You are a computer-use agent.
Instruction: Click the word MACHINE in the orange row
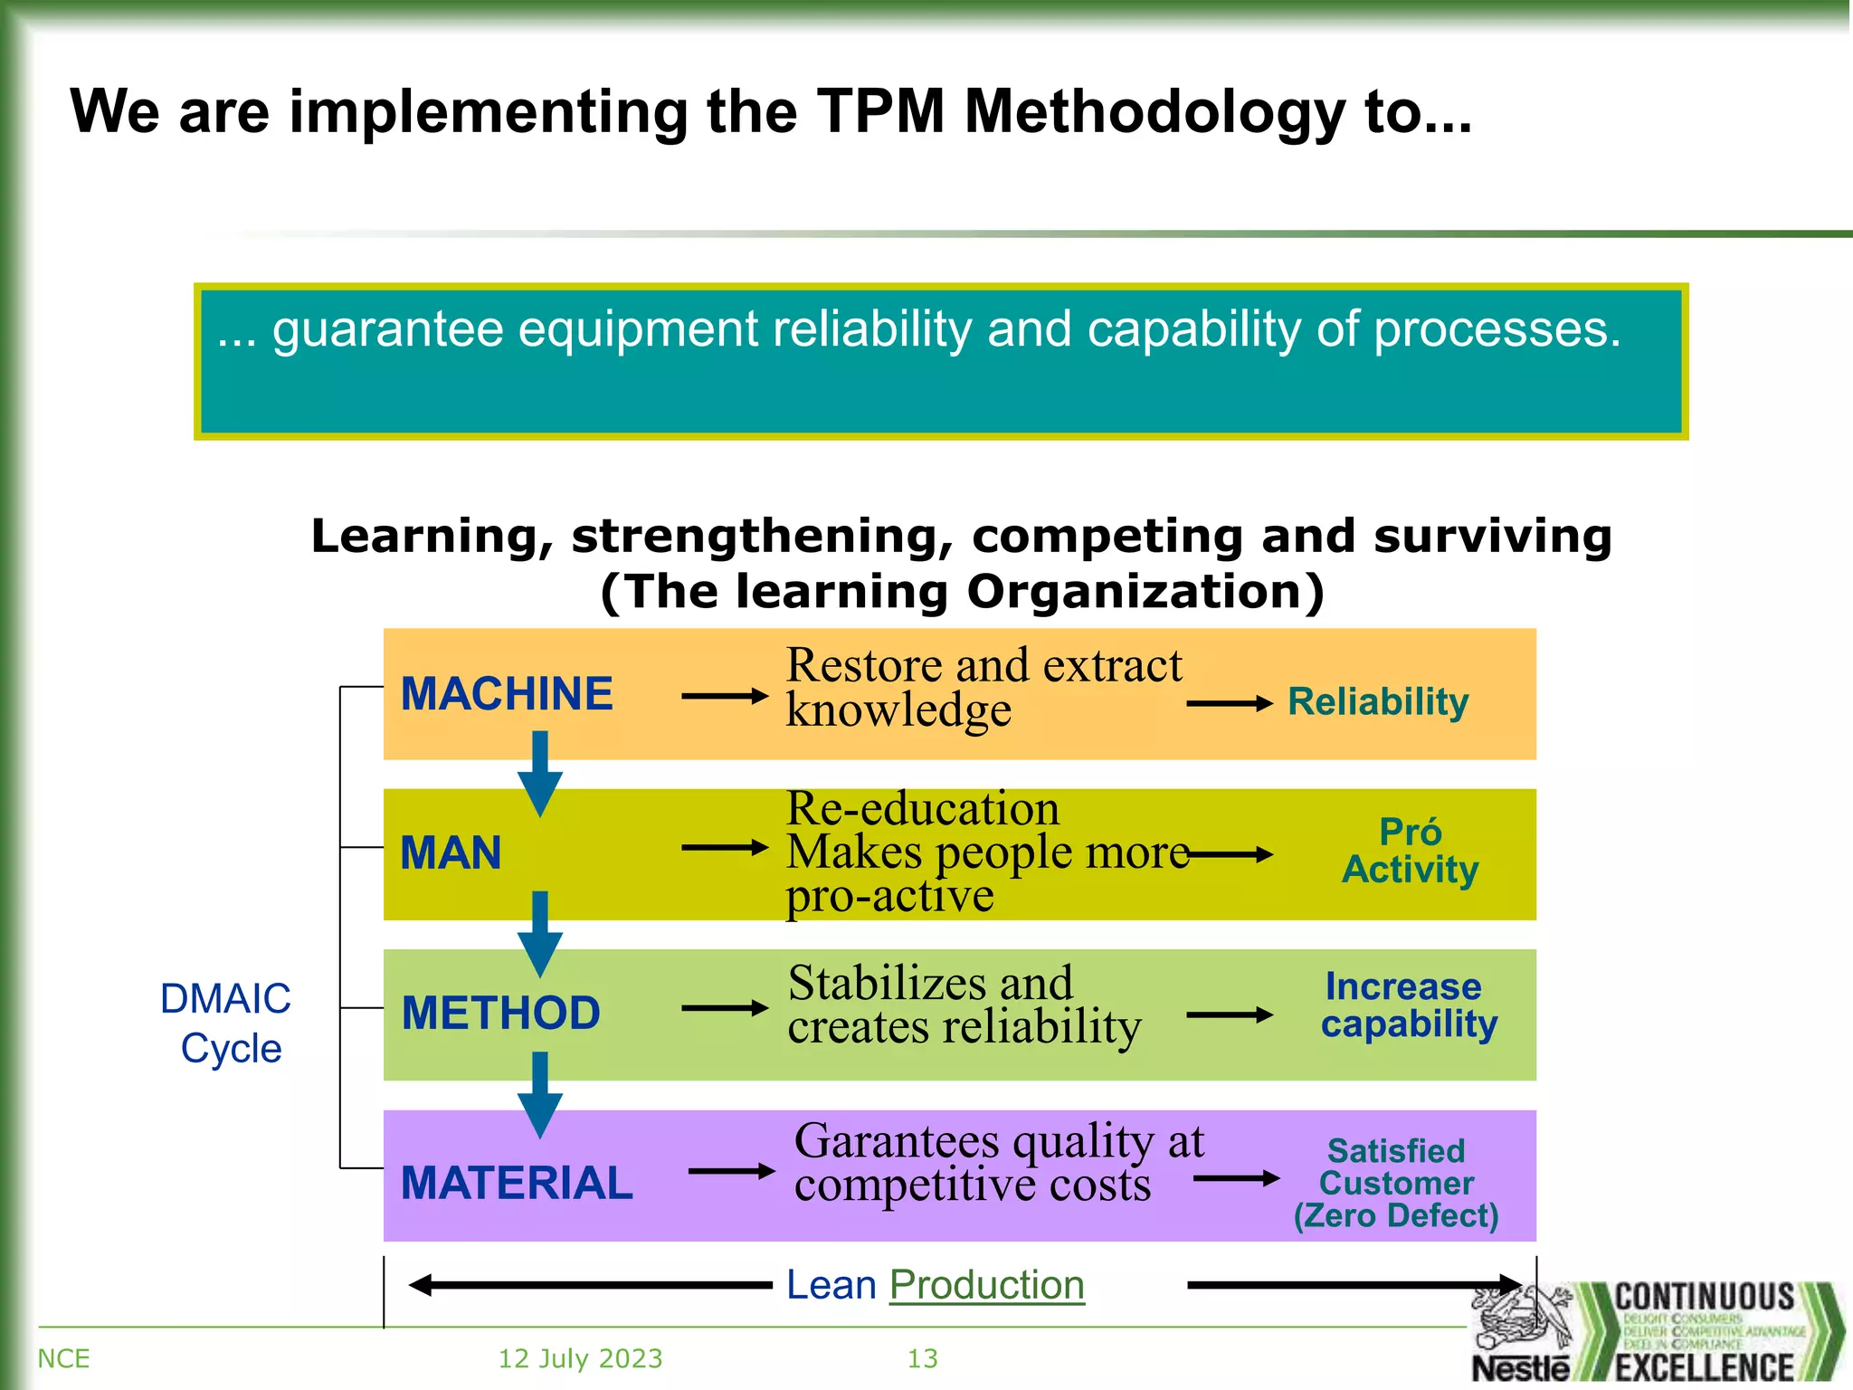507,694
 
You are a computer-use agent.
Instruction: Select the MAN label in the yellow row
451,853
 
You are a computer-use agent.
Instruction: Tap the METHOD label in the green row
500,1013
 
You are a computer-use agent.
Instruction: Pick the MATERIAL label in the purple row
517,1183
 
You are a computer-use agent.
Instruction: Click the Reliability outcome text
1377,702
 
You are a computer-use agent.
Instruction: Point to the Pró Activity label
1410,851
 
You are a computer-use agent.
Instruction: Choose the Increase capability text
1408,1005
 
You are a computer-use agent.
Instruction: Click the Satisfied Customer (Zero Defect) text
1396,1183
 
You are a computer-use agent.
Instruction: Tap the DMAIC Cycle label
226,1023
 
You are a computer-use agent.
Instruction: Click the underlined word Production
986,1285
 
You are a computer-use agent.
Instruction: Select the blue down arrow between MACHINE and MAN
540,774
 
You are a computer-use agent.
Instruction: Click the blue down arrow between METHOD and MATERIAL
540,1094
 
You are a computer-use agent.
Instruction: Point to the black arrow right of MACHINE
724,696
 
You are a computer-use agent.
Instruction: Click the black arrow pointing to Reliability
1229,703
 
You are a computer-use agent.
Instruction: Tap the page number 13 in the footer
922,1358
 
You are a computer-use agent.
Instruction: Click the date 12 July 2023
580,1358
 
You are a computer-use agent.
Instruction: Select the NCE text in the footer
63,1358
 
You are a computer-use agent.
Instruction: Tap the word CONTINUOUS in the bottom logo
1705,1298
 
